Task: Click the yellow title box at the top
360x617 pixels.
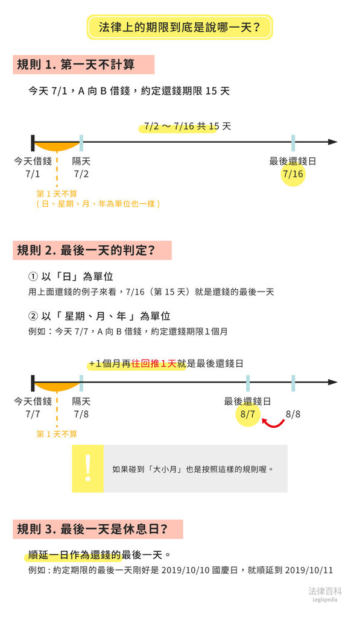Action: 180,27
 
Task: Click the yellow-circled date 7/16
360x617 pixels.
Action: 293,174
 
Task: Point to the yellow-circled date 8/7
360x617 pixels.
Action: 248,414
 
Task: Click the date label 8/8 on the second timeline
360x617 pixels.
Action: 293,414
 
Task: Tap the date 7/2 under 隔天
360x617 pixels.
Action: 81,174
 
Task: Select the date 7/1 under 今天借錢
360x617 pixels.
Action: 33,174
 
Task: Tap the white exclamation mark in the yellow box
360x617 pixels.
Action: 88,468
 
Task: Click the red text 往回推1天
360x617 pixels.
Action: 154,363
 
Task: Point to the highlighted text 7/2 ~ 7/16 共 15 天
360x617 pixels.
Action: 188,127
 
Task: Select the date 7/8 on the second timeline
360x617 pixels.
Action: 81,414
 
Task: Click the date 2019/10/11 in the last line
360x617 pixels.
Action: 309,570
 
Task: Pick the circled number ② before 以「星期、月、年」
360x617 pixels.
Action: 33,316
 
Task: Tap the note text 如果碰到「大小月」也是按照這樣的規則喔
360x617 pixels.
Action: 192,469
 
